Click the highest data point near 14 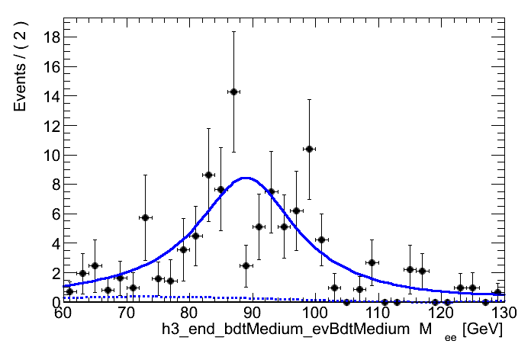click(233, 92)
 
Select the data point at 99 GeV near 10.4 click(309, 149)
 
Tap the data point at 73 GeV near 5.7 click(145, 217)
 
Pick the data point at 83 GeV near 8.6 click(208, 175)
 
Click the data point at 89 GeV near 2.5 click(246, 265)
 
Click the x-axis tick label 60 click(63, 313)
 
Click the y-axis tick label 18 click(50, 37)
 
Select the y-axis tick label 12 click(50, 125)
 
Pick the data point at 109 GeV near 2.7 click(372, 262)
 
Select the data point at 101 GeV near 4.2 click(321, 239)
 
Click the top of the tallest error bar click(233, 31)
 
